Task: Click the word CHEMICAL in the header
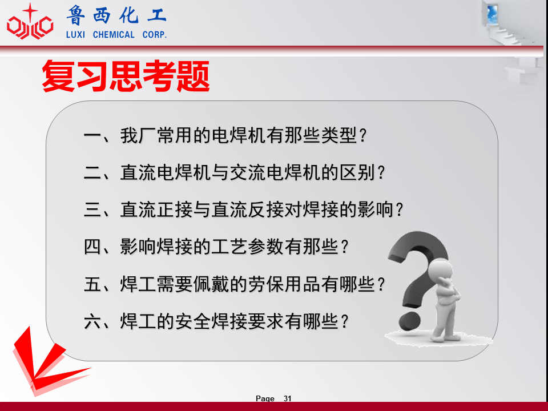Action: tap(114, 35)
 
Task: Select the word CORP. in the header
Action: tap(155, 35)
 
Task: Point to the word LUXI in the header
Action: tap(75, 35)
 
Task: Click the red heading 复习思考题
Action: tap(126, 76)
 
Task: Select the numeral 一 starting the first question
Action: tap(92, 136)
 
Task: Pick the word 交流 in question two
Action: tap(248, 172)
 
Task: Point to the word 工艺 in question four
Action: tap(229, 247)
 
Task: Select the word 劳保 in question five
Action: tap(266, 284)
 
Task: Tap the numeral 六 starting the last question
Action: tap(92, 321)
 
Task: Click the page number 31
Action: tap(287, 398)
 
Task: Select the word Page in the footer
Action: tap(265, 398)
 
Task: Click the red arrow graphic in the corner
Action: tap(46, 364)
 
